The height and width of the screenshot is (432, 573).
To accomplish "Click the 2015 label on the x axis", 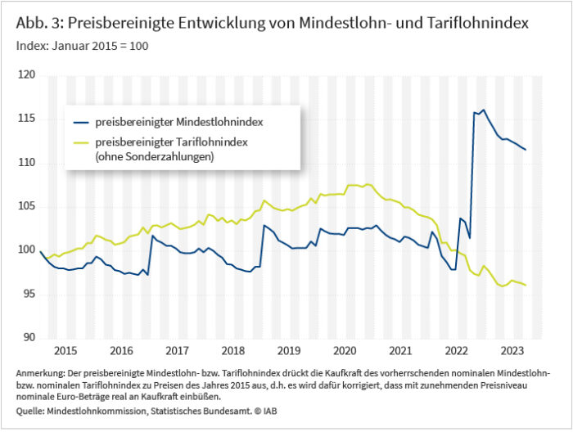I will point(65,350).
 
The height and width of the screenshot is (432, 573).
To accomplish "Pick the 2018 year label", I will point(234,350).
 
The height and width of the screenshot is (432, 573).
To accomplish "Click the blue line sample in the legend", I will point(79,123).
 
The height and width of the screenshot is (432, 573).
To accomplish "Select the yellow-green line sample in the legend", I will point(79,142).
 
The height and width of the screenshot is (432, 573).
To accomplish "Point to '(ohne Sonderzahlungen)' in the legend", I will point(155,155).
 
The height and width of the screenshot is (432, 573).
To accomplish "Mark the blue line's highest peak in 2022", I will point(483,110).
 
